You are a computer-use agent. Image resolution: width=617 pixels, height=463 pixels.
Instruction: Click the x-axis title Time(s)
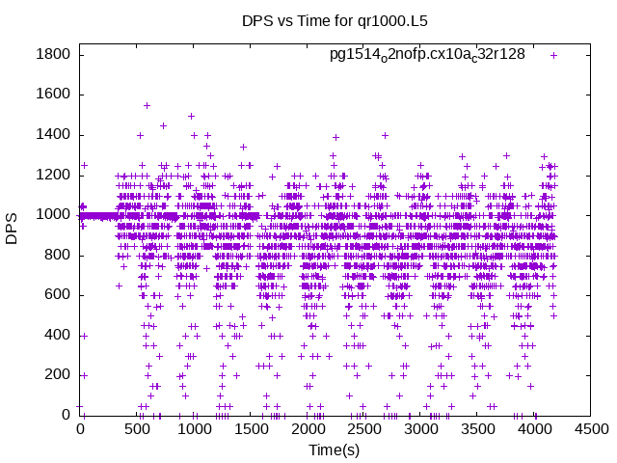click(x=334, y=449)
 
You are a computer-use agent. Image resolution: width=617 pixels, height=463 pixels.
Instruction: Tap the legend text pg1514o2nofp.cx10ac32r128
click(x=427, y=54)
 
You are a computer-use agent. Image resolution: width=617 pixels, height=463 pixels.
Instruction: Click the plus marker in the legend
click(x=553, y=55)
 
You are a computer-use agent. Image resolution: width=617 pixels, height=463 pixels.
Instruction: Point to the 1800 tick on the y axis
click(x=53, y=55)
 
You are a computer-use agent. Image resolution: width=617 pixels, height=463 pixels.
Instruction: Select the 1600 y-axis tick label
click(x=53, y=95)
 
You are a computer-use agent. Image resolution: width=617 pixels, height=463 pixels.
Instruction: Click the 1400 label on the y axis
click(x=53, y=135)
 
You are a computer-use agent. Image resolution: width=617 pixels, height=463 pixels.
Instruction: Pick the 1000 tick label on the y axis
click(x=53, y=215)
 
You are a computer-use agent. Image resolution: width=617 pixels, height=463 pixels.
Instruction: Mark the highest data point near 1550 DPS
click(x=147, y=105)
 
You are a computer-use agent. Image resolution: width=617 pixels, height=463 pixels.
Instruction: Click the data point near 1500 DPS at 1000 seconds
click(x=191, y=116)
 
